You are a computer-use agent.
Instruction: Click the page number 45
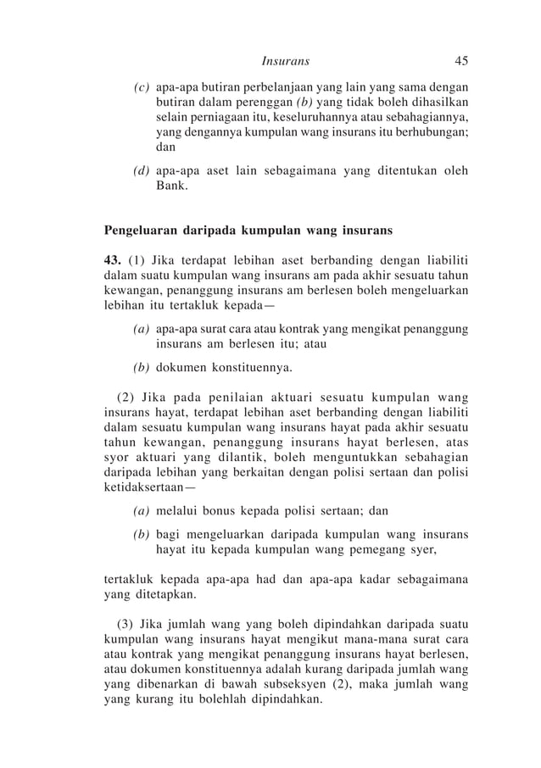point(461,61)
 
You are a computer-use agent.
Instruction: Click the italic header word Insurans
point(286,61)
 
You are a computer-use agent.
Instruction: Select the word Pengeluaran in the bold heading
point(140,231)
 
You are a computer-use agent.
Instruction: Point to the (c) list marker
point(142,86)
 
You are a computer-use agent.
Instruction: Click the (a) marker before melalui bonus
point(142,511)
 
